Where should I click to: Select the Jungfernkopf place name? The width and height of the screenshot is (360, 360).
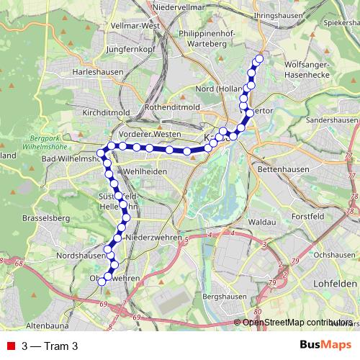tap(130, 50)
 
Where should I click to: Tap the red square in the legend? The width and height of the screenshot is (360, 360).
tap(11, 346)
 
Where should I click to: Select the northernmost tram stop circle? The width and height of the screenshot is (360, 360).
tap(259, 58)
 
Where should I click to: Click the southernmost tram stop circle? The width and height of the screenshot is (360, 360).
tap(102, 282)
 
